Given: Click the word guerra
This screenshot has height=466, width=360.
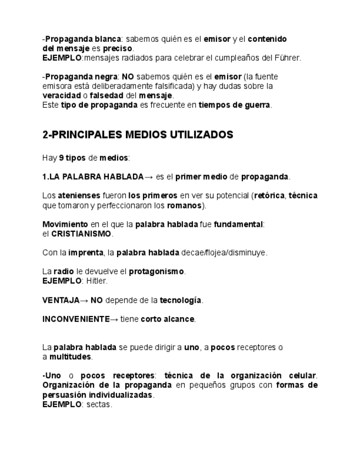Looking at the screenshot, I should pos(257,105).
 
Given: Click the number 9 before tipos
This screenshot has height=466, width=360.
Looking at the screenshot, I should pos(61,158).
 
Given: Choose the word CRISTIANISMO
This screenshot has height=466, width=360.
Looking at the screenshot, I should pos(81,234).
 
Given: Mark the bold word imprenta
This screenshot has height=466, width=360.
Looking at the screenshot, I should pos(85,252).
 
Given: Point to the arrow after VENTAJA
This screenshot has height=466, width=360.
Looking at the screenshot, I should pos(84,300).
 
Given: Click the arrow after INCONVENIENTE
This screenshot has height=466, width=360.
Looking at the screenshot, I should pos(114,319).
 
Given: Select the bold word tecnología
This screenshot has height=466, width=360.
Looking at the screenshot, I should pos(181,300).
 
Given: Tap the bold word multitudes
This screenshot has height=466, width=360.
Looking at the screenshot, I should pos(70,357).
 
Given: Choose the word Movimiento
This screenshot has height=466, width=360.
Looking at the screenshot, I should pos(65,224).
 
